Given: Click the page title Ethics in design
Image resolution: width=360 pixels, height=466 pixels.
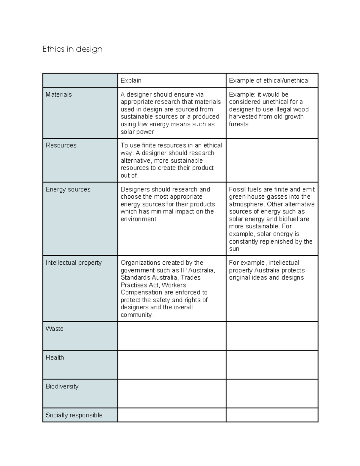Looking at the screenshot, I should point(72,49).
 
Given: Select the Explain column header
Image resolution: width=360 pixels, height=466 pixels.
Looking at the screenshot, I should point(131,80).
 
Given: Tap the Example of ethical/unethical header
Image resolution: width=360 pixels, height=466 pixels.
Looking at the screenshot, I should point(269,80).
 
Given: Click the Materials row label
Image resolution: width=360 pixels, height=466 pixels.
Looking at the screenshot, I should point(59,95).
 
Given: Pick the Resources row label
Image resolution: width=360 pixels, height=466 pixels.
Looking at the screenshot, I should point(61,145).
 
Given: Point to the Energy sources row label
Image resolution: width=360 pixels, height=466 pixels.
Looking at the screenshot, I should point(68,189).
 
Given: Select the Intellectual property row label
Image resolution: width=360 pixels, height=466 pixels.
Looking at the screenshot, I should point(73,263).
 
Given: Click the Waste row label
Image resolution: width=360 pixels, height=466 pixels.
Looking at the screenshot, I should point(54,329).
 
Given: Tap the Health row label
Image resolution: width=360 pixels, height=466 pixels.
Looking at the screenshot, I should point(55,357).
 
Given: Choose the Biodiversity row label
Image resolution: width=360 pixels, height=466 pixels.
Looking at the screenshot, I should point(62,386).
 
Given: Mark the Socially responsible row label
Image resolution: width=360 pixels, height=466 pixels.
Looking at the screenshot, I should point(74,415).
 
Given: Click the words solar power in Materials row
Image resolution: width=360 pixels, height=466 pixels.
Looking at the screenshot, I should point(137,132).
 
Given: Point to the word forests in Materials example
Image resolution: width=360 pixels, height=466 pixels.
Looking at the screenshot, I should point(238,124).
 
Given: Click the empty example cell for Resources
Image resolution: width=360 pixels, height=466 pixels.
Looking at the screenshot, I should point(272,160).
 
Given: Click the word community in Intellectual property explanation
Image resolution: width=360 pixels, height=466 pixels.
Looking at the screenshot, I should point(136,315).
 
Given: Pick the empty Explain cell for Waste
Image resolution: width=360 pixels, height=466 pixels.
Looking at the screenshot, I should point(172,336).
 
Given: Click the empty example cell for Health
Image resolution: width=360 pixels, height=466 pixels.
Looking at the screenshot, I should point(272,365).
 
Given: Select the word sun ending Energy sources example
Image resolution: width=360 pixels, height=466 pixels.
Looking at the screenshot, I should point(234,249).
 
